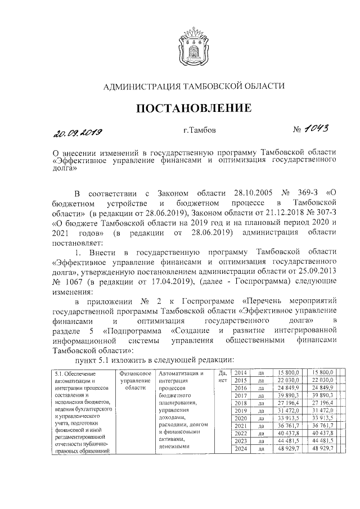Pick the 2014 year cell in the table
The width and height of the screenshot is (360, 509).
coord(240,373)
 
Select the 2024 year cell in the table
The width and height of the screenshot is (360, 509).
coord(240,449)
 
